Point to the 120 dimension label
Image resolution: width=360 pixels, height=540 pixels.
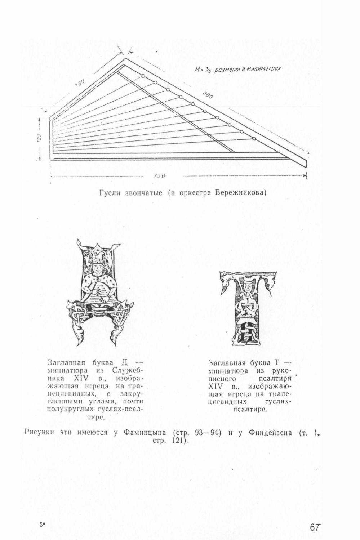click(40, 137)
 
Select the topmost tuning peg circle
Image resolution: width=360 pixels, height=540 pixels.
click(143, 76)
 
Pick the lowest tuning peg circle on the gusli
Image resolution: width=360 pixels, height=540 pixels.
click(254, 139)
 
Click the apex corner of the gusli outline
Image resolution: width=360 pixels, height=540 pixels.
click(126, 58)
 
